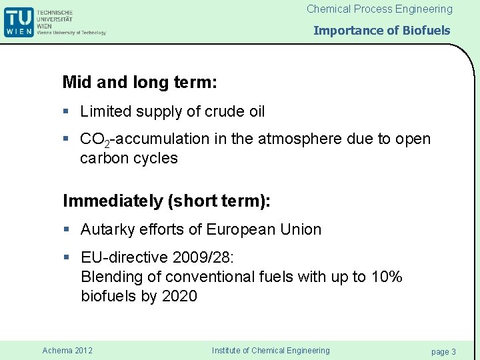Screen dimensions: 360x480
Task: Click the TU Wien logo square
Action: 19,21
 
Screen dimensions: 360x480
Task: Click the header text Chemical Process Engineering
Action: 379,9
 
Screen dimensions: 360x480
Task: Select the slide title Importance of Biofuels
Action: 381,30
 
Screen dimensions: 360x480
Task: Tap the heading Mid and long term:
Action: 139,82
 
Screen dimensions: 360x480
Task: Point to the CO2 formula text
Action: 95,140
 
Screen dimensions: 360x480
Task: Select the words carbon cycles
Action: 129,159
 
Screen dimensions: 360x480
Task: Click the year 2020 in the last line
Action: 179,297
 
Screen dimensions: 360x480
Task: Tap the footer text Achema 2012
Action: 67,351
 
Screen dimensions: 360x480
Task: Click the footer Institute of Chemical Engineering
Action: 270,351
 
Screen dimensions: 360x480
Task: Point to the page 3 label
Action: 443,351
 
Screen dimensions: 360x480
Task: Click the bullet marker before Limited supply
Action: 66,111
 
